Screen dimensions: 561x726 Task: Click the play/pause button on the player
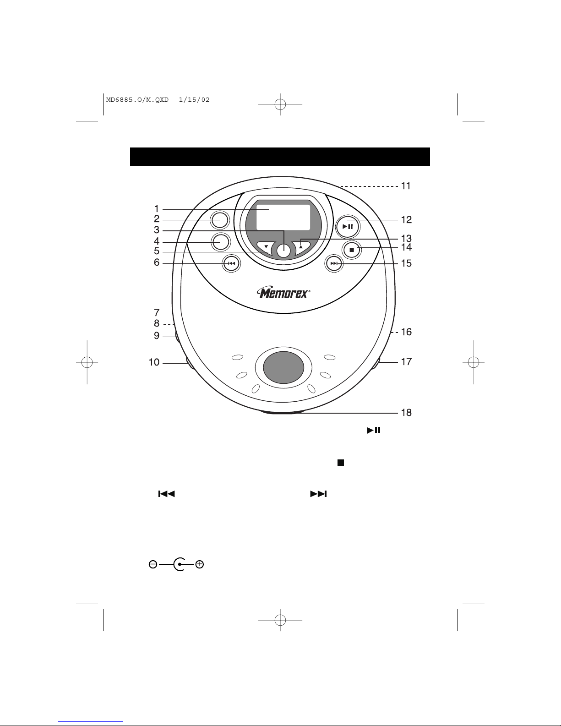(x=348, y=227)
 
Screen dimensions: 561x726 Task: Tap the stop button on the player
(x=352, y=250)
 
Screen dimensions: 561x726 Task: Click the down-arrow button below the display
(x=266, y=247)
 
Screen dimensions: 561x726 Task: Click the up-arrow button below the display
(x=301, y=246)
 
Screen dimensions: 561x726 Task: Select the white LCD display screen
(x=283, y=217)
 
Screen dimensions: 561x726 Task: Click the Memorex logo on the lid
(x=283, y=293)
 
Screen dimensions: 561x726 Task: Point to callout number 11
(x=406, y=186)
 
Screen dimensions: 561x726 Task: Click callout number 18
(x=406, y=413)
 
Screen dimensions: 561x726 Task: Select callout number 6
(x=157, y=262)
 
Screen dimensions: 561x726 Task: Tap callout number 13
(x=406, y=239)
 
